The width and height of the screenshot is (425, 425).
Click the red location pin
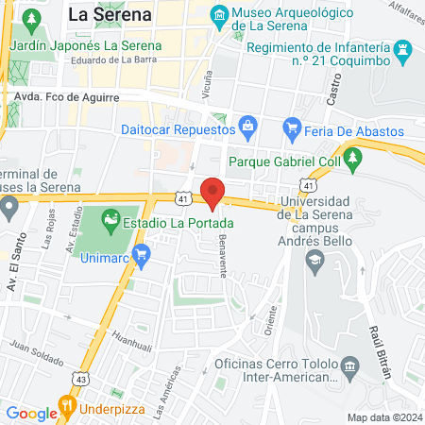click(x=213, y=192)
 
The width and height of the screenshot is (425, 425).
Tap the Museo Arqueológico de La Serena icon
click(x=220, y=14)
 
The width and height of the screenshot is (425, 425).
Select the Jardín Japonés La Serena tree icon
click(x=33, y=19)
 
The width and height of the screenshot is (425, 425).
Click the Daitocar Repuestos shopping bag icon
click(x=248, y=125)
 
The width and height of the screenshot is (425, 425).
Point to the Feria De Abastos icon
click(x=292, y=127)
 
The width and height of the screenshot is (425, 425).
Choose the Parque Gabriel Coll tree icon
click(x=354, y=159)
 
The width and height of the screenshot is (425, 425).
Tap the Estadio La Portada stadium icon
click(x=111, y=224)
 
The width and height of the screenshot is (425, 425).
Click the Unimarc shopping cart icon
click(x=142, y=254)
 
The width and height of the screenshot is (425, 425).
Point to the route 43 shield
click(x=82, y=378)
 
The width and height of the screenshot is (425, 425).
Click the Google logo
click(x=31, y=413)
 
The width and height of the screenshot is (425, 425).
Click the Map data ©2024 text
click(x=382, y=417)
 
